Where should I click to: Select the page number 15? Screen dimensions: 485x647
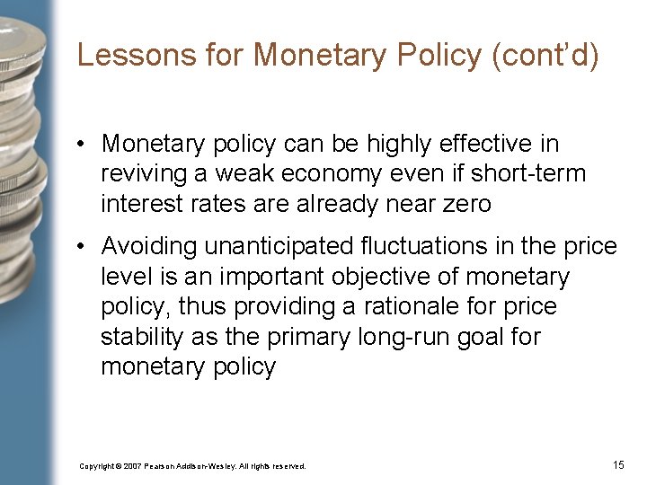pyautogui.click(x=618, y=464)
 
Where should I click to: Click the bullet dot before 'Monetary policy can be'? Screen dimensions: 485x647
pyautogui.click(x=81, y=144)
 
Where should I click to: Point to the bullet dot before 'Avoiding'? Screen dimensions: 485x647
pyautogui.click(x=81, y=245)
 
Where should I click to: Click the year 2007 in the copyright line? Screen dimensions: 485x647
pyautogui.click(x=131, y=466)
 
